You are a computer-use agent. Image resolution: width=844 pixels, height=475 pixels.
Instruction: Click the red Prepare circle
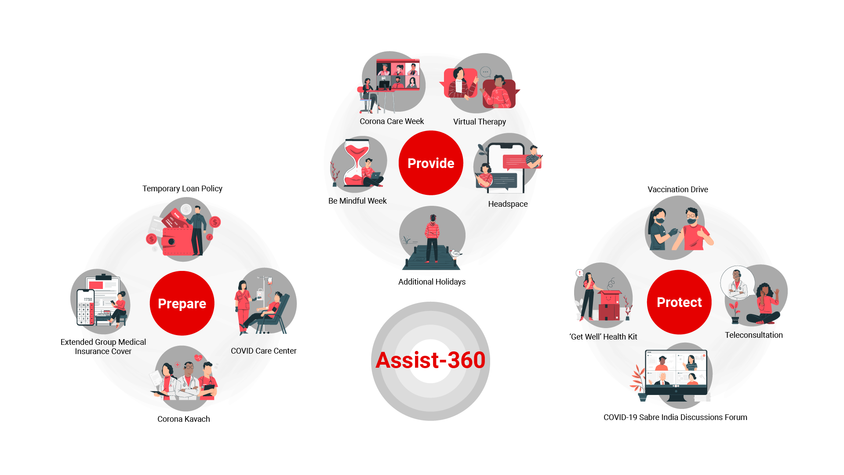182,303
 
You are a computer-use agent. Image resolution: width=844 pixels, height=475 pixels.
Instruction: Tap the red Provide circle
431,163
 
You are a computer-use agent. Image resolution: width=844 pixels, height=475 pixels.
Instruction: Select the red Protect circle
679,302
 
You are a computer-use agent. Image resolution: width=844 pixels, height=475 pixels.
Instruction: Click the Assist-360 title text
430,360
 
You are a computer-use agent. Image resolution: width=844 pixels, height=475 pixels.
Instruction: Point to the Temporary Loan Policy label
182,189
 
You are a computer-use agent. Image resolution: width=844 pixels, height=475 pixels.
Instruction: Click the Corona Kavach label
184,419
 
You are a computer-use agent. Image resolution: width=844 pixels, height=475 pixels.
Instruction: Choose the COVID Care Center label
264,351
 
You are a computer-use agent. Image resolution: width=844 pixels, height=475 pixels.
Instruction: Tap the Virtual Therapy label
480,122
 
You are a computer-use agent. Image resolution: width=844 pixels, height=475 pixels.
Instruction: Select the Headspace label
508,204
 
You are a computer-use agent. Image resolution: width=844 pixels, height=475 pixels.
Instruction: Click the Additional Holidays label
432,282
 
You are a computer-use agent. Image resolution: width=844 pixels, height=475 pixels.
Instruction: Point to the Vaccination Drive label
678,190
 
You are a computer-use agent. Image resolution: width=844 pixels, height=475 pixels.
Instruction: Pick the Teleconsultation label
754,335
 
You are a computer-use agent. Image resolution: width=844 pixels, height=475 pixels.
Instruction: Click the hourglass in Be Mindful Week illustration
357,161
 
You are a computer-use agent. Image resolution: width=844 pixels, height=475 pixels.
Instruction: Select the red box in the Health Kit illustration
609,305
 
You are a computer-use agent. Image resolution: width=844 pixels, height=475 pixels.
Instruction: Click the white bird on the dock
455,254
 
